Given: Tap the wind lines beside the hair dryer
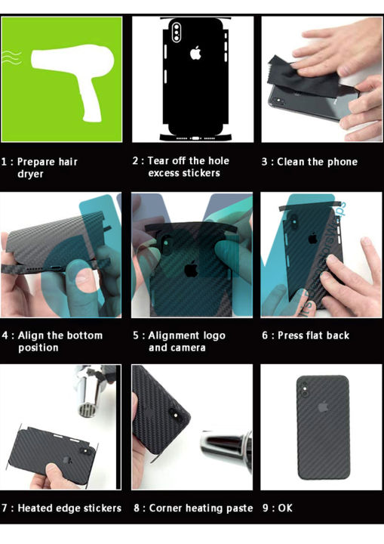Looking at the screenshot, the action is [12, 57].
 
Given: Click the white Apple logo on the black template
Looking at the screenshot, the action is [195, 53].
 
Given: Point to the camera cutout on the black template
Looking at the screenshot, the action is [177, 32].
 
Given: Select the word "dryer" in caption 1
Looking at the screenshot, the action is [30, 174].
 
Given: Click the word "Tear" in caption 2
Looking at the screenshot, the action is [158, 161].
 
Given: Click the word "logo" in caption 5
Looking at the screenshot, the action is [214, 335].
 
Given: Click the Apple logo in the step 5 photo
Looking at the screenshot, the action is [191, 269].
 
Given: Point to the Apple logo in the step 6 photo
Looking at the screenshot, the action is [312, 238].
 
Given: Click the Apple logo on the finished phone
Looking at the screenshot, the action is [323, 406].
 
